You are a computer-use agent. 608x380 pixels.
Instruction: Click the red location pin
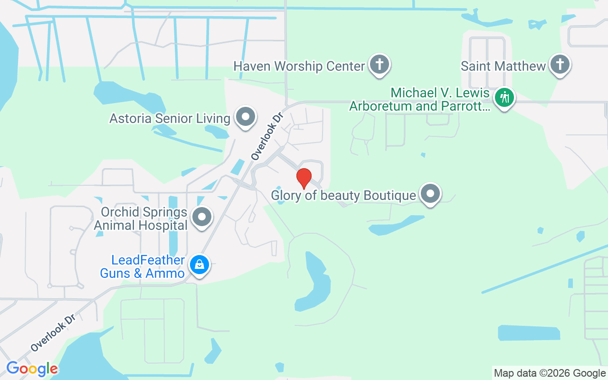click(x=304, y=178)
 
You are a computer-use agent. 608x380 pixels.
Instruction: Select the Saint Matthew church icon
click(x=560, y=65)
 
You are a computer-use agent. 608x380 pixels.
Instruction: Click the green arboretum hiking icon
click(x=504, y=98)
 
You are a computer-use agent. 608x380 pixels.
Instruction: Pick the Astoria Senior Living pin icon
click(x=246, y=116)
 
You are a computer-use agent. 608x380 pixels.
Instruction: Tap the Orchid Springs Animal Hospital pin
click(x=202, y=217)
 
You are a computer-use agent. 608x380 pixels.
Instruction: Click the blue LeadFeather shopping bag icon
click(x=199, y=265)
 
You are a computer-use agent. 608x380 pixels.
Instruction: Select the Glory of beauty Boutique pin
click(x=430, y=194)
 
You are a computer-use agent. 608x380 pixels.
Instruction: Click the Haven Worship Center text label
click(x=299, y=66)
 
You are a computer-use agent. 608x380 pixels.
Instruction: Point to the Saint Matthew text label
click(x=503, y=66)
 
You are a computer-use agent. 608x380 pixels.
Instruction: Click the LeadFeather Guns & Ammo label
click(x=142, y=266)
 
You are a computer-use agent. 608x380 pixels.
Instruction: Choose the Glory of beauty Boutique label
click(x=343, y=195)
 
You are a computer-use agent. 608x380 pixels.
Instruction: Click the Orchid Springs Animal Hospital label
click(x=141, y=218)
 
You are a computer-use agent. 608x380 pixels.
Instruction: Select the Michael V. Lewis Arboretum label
click(x=419, y=99)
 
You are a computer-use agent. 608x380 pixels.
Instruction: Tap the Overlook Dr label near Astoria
click(x=266, y=136)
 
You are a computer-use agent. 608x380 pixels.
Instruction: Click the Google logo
click(x=32, y=369)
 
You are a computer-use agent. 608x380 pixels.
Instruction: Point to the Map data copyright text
click(x=549, y=373)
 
